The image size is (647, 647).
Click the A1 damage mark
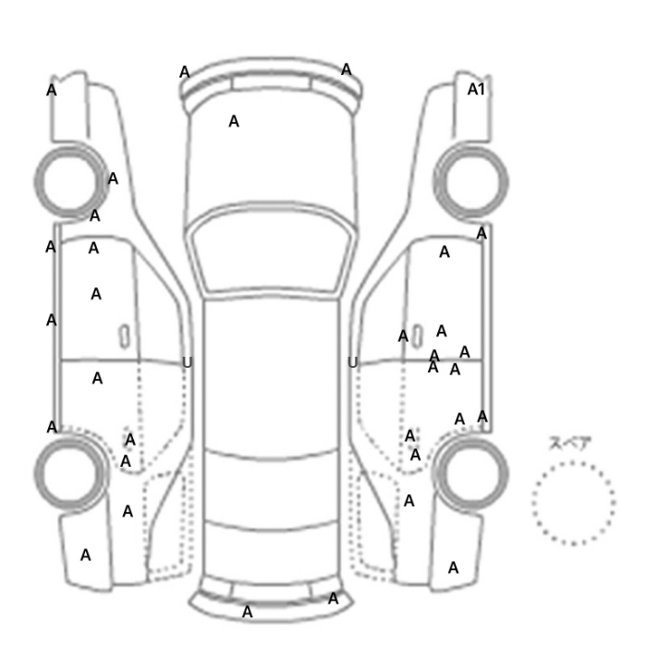click(476, 89)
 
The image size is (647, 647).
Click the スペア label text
click(570, 444)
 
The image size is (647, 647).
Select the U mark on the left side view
click(187, 362)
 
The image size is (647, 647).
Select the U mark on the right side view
click(352, 362)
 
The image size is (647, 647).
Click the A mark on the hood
click(234, 121)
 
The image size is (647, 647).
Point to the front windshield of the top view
click(270, 250)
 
